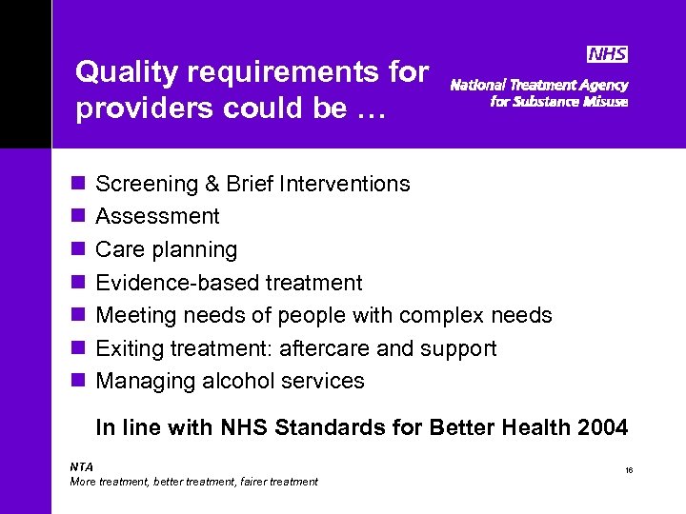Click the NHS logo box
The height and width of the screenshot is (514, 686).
click(606, 54)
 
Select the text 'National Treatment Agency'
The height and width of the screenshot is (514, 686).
click(538, 85)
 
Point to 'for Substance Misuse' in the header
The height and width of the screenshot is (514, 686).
click(558, 102)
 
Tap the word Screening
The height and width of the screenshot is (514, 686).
click(143, 184)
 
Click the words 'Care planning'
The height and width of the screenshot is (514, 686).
click(167, 250)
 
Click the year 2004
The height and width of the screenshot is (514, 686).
click(601, 427)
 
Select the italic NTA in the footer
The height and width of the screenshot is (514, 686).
click(82, 466)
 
